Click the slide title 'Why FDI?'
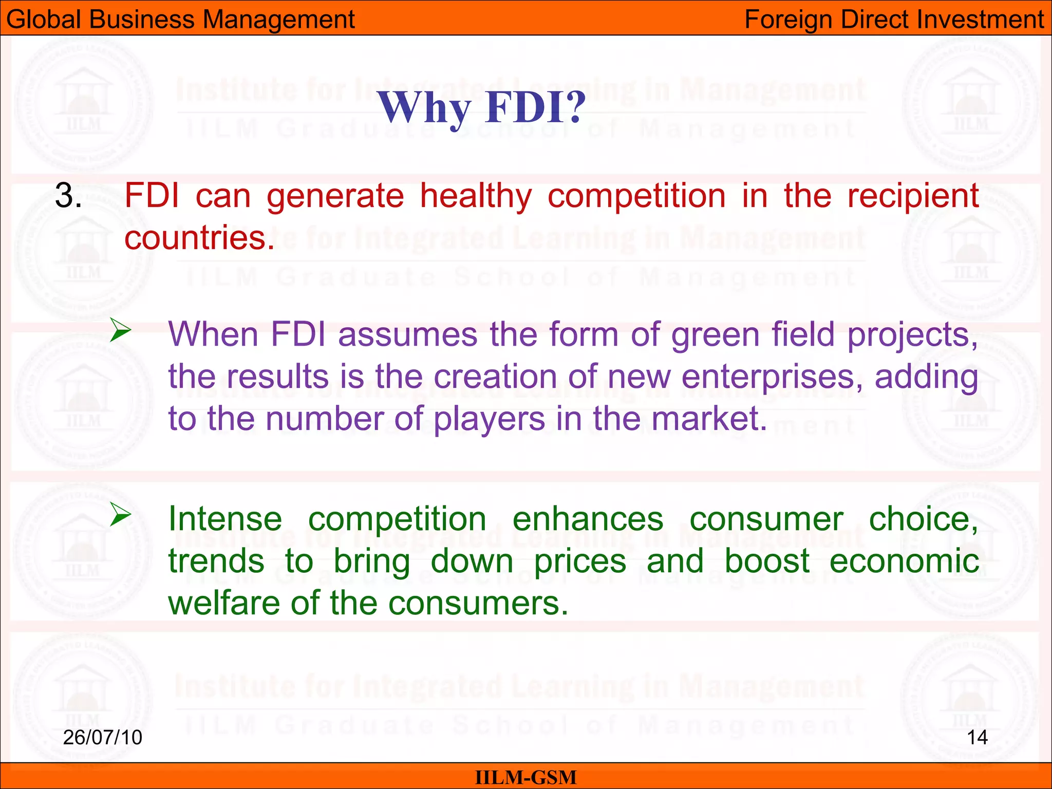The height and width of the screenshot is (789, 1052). (x=482, y=108)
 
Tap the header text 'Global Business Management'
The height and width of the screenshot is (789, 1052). (x=180, y=20)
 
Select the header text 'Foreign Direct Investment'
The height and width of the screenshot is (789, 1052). (x=894, y=20)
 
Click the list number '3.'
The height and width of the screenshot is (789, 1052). (x=68, y=196)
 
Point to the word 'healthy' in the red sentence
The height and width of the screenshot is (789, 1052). (x=476, y=197)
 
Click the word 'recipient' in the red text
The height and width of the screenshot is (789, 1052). (x=913, y=197)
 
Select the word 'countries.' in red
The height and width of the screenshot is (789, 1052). (x=200, y=238)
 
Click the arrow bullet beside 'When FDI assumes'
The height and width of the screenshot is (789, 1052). (x=121, y=330)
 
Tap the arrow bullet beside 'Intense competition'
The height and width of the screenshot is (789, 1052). (x=121, y=514)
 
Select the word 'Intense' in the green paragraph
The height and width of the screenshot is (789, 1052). (x=225, y=519)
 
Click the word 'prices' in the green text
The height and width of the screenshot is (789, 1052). (x=580, y=561)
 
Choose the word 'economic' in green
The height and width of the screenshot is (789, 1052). (x=904, y=561)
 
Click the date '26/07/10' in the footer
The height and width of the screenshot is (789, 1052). (x=102, y=738)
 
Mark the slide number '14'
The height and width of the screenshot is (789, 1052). (x=977, y=738)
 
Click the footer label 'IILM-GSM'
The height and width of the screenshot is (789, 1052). (x=525, y=777)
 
